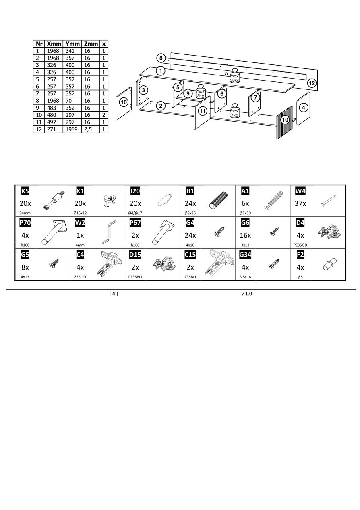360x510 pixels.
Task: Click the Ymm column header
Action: (72, 44)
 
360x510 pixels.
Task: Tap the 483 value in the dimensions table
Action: (52, 108)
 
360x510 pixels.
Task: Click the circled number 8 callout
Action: (161, 58)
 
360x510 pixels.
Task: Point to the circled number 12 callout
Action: (312, 83)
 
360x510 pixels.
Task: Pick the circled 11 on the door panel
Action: (203, 111)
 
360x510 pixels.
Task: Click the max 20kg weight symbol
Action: (235, 76)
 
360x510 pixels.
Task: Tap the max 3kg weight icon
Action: (201, 91)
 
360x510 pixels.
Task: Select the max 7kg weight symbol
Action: (235, 111)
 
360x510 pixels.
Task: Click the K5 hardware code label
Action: (25, 191)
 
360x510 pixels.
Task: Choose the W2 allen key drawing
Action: (109, 232)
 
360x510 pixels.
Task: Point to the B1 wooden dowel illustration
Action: (219, 200)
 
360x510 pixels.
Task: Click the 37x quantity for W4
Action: (300, 203)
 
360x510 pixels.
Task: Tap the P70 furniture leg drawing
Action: (55, 232)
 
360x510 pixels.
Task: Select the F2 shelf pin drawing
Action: (329, 264)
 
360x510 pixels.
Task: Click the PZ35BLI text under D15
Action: (135, 277)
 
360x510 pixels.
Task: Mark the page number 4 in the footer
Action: (114, 294)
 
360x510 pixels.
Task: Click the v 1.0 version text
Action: (247, 294)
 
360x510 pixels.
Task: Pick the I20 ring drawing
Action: (165, 200)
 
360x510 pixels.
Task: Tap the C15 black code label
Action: (190, 255)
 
